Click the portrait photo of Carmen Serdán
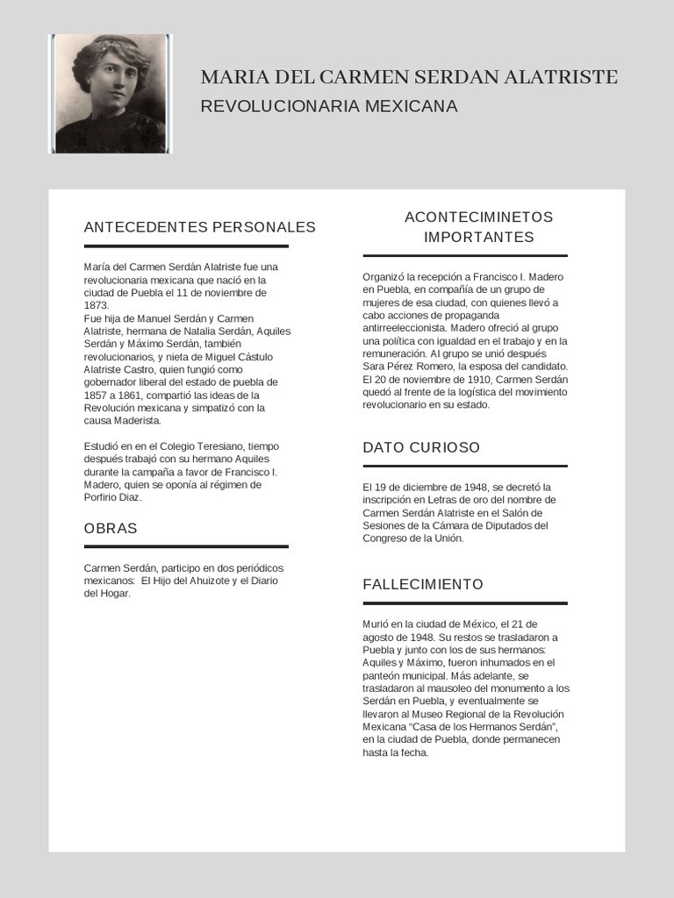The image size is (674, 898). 111,94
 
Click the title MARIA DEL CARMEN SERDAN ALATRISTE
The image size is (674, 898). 409,77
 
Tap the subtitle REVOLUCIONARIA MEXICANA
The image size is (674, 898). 329,106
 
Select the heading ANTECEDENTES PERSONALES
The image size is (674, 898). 199,227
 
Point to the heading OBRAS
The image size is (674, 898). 111,529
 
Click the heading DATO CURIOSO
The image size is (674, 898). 421,447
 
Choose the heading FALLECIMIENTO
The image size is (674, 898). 423,584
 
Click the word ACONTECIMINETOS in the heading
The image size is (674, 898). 478,217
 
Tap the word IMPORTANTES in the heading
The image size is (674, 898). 478,237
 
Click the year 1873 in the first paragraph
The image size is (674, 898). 96,305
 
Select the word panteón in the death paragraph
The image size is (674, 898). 382,675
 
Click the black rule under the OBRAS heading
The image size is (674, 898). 186,546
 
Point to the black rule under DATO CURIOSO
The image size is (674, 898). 465,466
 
